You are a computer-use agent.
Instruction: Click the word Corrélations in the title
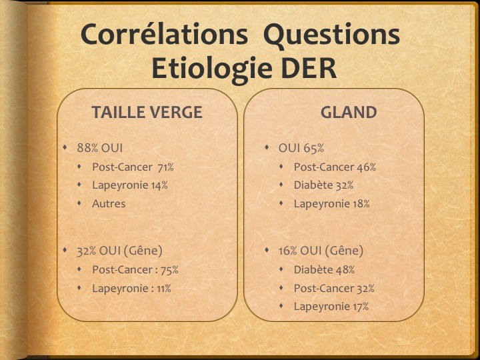pyautogui.click(x=165, y=34)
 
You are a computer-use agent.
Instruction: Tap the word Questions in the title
pyautogui.click(x=331, y=35)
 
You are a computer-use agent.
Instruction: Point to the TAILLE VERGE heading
pyautogui.click(x=147, y=112)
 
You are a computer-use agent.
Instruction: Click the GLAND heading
pyautogui.click(x=349, y=113)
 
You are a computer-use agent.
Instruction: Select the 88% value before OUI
pyautogui.click(x=87, y=148)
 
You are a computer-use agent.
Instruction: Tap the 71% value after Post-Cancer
pyautogui.click(x=165, y=167)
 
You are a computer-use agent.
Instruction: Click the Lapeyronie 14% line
pyautogui.click(x=130, y=185)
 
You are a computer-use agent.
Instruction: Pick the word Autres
pyautogui.click(x=109, y=203)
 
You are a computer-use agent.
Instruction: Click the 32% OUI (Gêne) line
pyautogui.click(x=119, y=251)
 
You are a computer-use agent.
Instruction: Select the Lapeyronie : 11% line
pyautogui.click(x=131, y=289)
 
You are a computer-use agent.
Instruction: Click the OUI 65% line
pyautogui.click(x=301, y=148)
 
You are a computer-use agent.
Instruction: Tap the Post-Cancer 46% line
pyautogui.click(x=335, y=167)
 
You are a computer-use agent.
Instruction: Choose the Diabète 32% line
pyautogui.click(x=323, y=185)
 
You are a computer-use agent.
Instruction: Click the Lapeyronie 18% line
pyautogui.click(x=332, y=204)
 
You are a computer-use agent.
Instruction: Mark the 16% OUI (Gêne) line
pyautogui.click(x=321, y=251)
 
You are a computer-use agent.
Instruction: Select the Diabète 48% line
pyautogui.click(x=324, y=270)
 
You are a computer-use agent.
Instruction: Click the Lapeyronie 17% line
pyautogui.click(x=331, y=307)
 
